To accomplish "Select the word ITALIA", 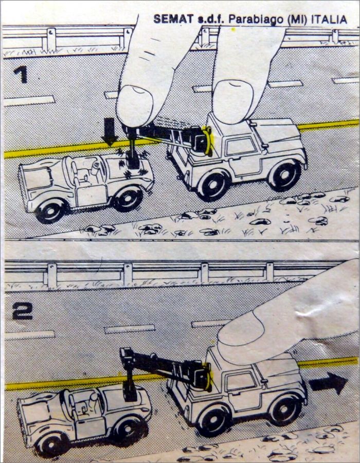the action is point(329,20).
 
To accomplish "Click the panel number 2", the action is point(22,311).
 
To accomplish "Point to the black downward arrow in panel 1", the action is point(110,132).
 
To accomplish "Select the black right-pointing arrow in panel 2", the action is point(328,383).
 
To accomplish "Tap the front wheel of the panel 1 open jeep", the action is point(129,199).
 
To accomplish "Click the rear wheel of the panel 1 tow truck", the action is point(213,186).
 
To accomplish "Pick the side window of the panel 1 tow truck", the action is point(241,146).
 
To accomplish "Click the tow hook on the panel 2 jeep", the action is point(130,386).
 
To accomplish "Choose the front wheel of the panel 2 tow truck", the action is point(285,410).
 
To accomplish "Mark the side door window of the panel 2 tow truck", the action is point(241,382).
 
